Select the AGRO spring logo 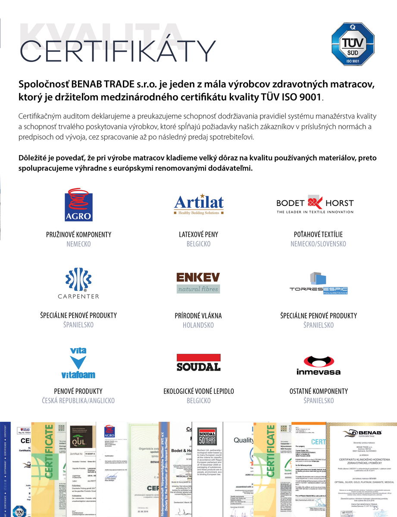78,204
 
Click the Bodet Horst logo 315,204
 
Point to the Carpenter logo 78,283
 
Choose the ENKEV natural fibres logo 198,283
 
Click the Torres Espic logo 319,283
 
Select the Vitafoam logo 78,363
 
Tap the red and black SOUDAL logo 198,363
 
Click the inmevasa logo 319,365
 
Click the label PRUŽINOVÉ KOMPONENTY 78,235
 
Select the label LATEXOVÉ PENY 198,235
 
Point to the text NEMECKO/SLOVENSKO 318,244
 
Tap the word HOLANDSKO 198,325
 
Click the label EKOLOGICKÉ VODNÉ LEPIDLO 198,391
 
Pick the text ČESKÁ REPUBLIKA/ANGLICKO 78,401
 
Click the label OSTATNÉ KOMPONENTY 319,391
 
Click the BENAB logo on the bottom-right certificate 361,433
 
